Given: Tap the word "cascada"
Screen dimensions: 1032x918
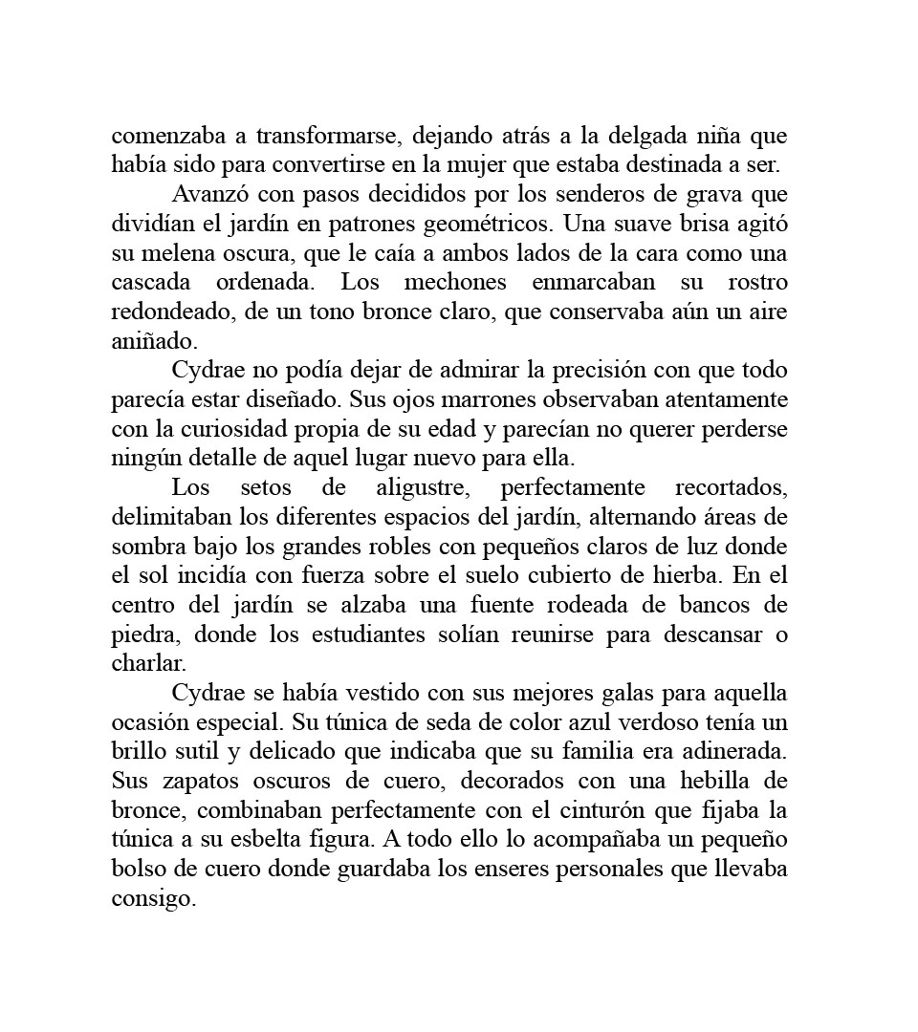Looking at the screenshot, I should point(150,283).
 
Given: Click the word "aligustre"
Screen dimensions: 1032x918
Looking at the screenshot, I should point(424,487).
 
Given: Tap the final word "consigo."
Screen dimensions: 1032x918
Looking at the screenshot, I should point(153,897).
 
